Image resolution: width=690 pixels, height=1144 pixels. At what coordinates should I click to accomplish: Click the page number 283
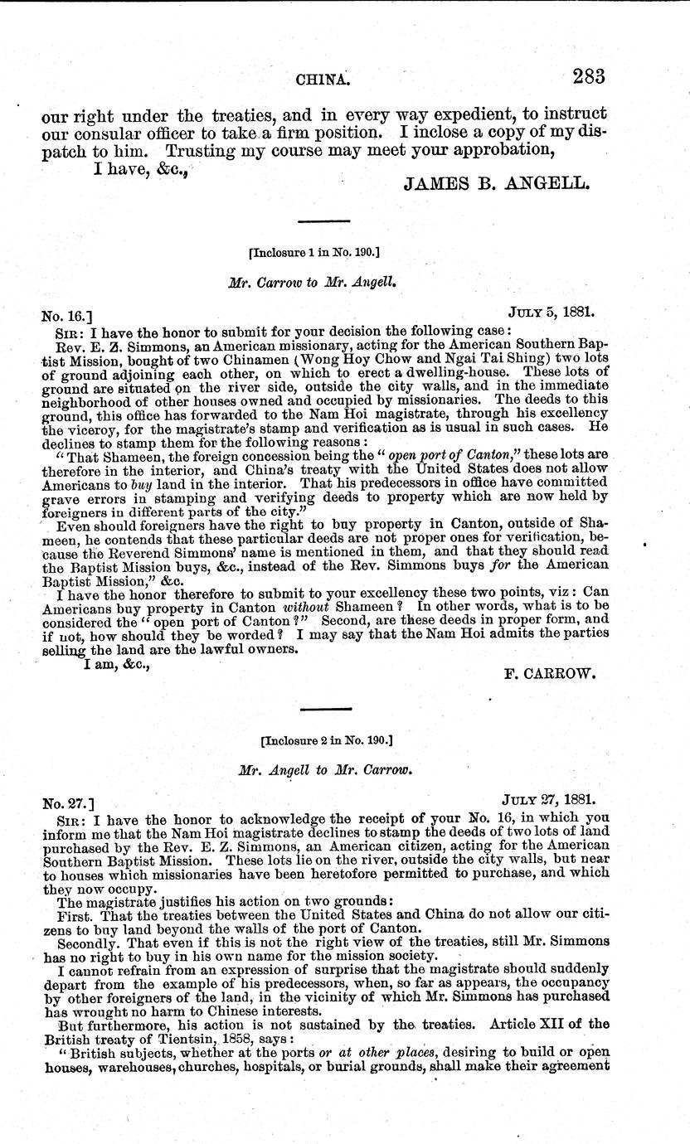point(587,77)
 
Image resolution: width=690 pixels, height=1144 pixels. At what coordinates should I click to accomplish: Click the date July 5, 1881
point(552,314)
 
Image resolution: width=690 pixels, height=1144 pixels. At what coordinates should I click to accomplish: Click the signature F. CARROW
point(552,673)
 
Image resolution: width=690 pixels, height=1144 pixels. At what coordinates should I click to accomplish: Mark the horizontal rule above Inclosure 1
point(324,221)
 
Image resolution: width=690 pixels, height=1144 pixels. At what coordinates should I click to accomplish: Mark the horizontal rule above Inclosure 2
point(324,708)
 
